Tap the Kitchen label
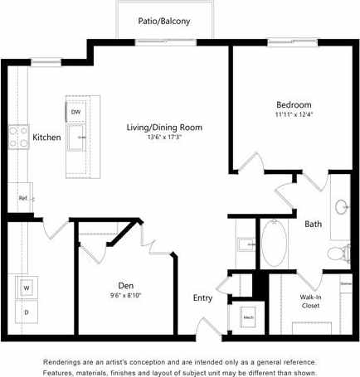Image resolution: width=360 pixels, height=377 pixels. (x=46, y=138)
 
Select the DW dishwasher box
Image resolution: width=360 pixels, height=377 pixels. (x=75, y=111)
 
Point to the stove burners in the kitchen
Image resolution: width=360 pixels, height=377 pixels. (x=17, y=136)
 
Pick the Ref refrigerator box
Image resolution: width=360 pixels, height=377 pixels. (x=23, y=198)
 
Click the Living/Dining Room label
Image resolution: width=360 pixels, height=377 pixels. (x=164, y=128)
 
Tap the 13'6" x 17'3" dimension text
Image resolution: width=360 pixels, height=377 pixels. (x=164, y=138)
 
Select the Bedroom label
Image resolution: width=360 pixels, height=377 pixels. (x=294, y=105)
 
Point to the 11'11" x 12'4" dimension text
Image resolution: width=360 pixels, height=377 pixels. (x=294, y=114)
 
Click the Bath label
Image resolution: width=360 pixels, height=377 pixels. (x=313, y=224)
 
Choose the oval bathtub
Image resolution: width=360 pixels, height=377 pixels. (x=275, y=241)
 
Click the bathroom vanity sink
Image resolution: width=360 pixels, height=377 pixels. (x=341, y=206)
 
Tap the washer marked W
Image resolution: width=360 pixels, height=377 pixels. (x=26, y=288)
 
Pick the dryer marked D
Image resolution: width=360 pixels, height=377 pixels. (x=26, y=312)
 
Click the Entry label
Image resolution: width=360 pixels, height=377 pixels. (x=202, y=298)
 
